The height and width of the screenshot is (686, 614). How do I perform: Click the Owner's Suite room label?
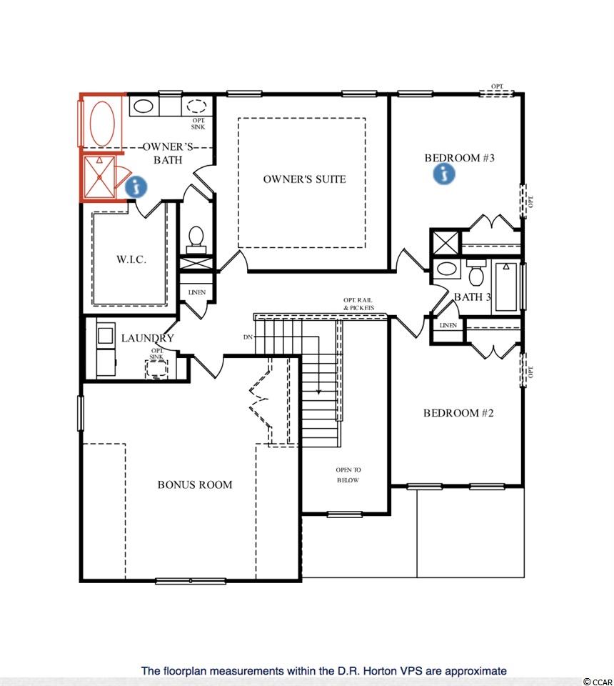304,179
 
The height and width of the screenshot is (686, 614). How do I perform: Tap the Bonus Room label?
195,484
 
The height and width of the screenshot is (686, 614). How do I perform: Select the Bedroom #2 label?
458,413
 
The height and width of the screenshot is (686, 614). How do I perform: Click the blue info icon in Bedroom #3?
444,174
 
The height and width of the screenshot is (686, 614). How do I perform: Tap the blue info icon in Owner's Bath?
136,187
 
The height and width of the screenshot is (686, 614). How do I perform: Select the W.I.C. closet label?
131,259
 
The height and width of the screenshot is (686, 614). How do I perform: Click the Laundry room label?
147,338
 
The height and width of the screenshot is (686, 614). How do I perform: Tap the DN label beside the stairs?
248,337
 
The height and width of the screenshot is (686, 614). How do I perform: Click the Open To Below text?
348,474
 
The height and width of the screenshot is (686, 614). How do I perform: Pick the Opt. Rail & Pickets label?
358,304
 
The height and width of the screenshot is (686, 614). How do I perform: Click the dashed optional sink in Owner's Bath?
196,106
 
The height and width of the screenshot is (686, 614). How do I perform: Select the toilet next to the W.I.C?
196,240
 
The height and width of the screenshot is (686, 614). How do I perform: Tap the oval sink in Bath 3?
446,268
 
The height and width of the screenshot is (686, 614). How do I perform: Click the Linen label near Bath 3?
448,325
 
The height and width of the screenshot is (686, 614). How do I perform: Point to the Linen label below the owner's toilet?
196,292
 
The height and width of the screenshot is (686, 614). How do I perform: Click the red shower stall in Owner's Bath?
100,177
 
